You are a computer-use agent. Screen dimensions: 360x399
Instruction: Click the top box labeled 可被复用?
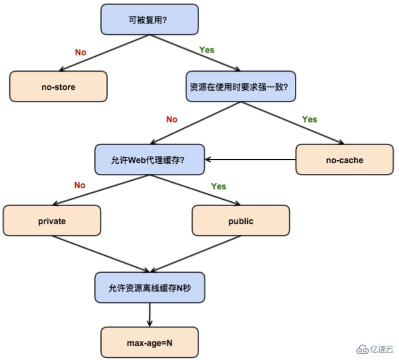click(x=150, y=20)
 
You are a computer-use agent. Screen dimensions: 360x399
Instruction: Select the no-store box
click(x=58, y=87)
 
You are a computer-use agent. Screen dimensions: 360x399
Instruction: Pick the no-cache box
click(x=344, y=160)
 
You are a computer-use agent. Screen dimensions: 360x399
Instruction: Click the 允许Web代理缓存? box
click(x=150, y=160)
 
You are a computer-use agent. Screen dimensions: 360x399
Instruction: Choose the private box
click(x=52, y=221)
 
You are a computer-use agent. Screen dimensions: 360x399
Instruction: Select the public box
click(x=241, y=221)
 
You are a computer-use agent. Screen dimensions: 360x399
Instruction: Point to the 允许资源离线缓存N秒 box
click(x=150, y=288)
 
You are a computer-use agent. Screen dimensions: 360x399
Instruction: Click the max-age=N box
click(x=150, y=343)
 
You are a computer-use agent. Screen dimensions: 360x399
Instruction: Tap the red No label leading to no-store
click(x=81, y=52)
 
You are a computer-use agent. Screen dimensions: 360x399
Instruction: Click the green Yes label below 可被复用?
click(x=206, y=50)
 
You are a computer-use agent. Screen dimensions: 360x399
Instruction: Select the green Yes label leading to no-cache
click(x=309, y=119)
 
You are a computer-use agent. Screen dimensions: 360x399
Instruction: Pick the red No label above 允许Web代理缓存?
click(x=172, y=119)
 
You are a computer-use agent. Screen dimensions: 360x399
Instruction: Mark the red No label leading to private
click(x=80, y=185)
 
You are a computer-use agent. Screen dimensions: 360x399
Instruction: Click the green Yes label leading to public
click(x=218, y=186)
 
